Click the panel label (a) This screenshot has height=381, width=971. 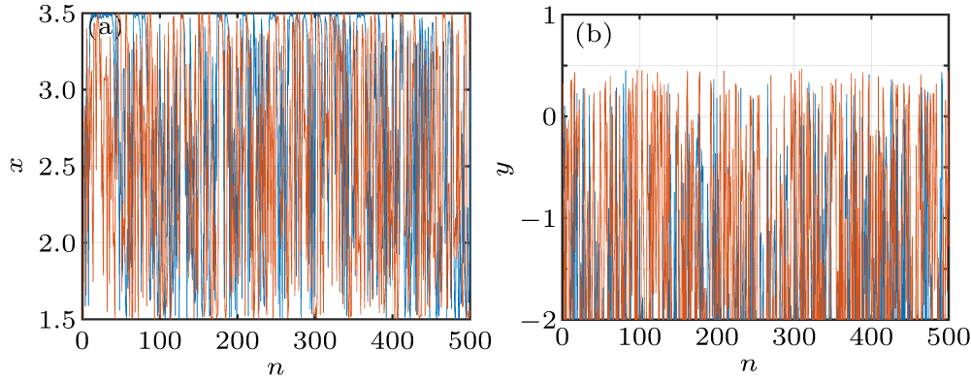[103, 27]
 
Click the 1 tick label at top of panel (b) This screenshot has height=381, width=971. [547, 16]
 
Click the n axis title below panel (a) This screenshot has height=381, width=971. [275, 367]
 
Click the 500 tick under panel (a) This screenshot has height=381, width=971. [469, 340]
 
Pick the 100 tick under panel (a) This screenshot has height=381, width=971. [159, 340]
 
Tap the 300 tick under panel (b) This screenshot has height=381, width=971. [793, 340]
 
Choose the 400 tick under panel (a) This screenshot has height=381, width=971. [392, 340]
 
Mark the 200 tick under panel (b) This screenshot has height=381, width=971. [716, 340]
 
